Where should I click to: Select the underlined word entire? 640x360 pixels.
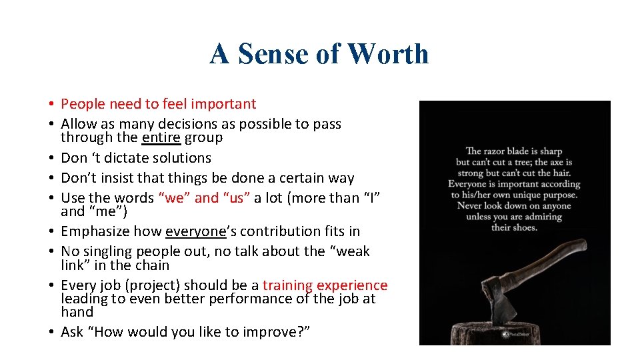pyautogui.click(x=161, y=138)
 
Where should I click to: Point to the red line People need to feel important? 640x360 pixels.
pyautogui.click(x=158, y=104)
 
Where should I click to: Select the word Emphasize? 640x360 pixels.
pyautogui.click(x=94, y=231)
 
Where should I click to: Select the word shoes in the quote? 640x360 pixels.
pyautogui.click(x=524, y=227)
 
